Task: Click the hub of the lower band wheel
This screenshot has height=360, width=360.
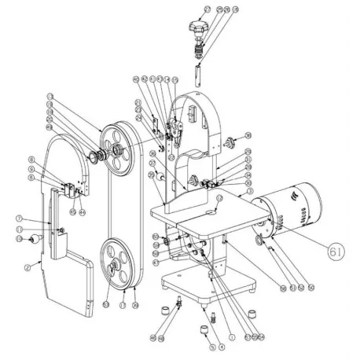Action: point(113,267)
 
